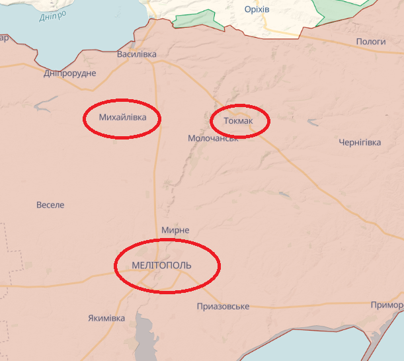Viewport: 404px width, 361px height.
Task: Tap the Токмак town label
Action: pyautogui.click(x=238, y=121)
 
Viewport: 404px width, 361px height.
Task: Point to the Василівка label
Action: pyautogui.click(x=137, y=54)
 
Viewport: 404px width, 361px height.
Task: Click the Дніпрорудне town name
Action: pyautogui.click(x=70, y=73)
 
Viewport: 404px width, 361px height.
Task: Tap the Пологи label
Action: pyautogui.click(x=371, y=42)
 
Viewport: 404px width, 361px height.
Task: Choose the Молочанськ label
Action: pyautogui.click(x=213, y=139)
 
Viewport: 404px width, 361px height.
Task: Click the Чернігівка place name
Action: pyautogui.click(x=360, y=143)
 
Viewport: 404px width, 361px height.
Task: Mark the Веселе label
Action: pyautogui.click(x=50, y=205)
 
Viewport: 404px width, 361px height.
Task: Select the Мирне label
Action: pyautogui.click(x=175, y=230)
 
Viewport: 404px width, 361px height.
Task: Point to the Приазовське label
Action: pyautogui.click(x=223, y=306)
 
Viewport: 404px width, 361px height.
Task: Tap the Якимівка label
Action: pyautogui.click(x=106, y=318)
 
